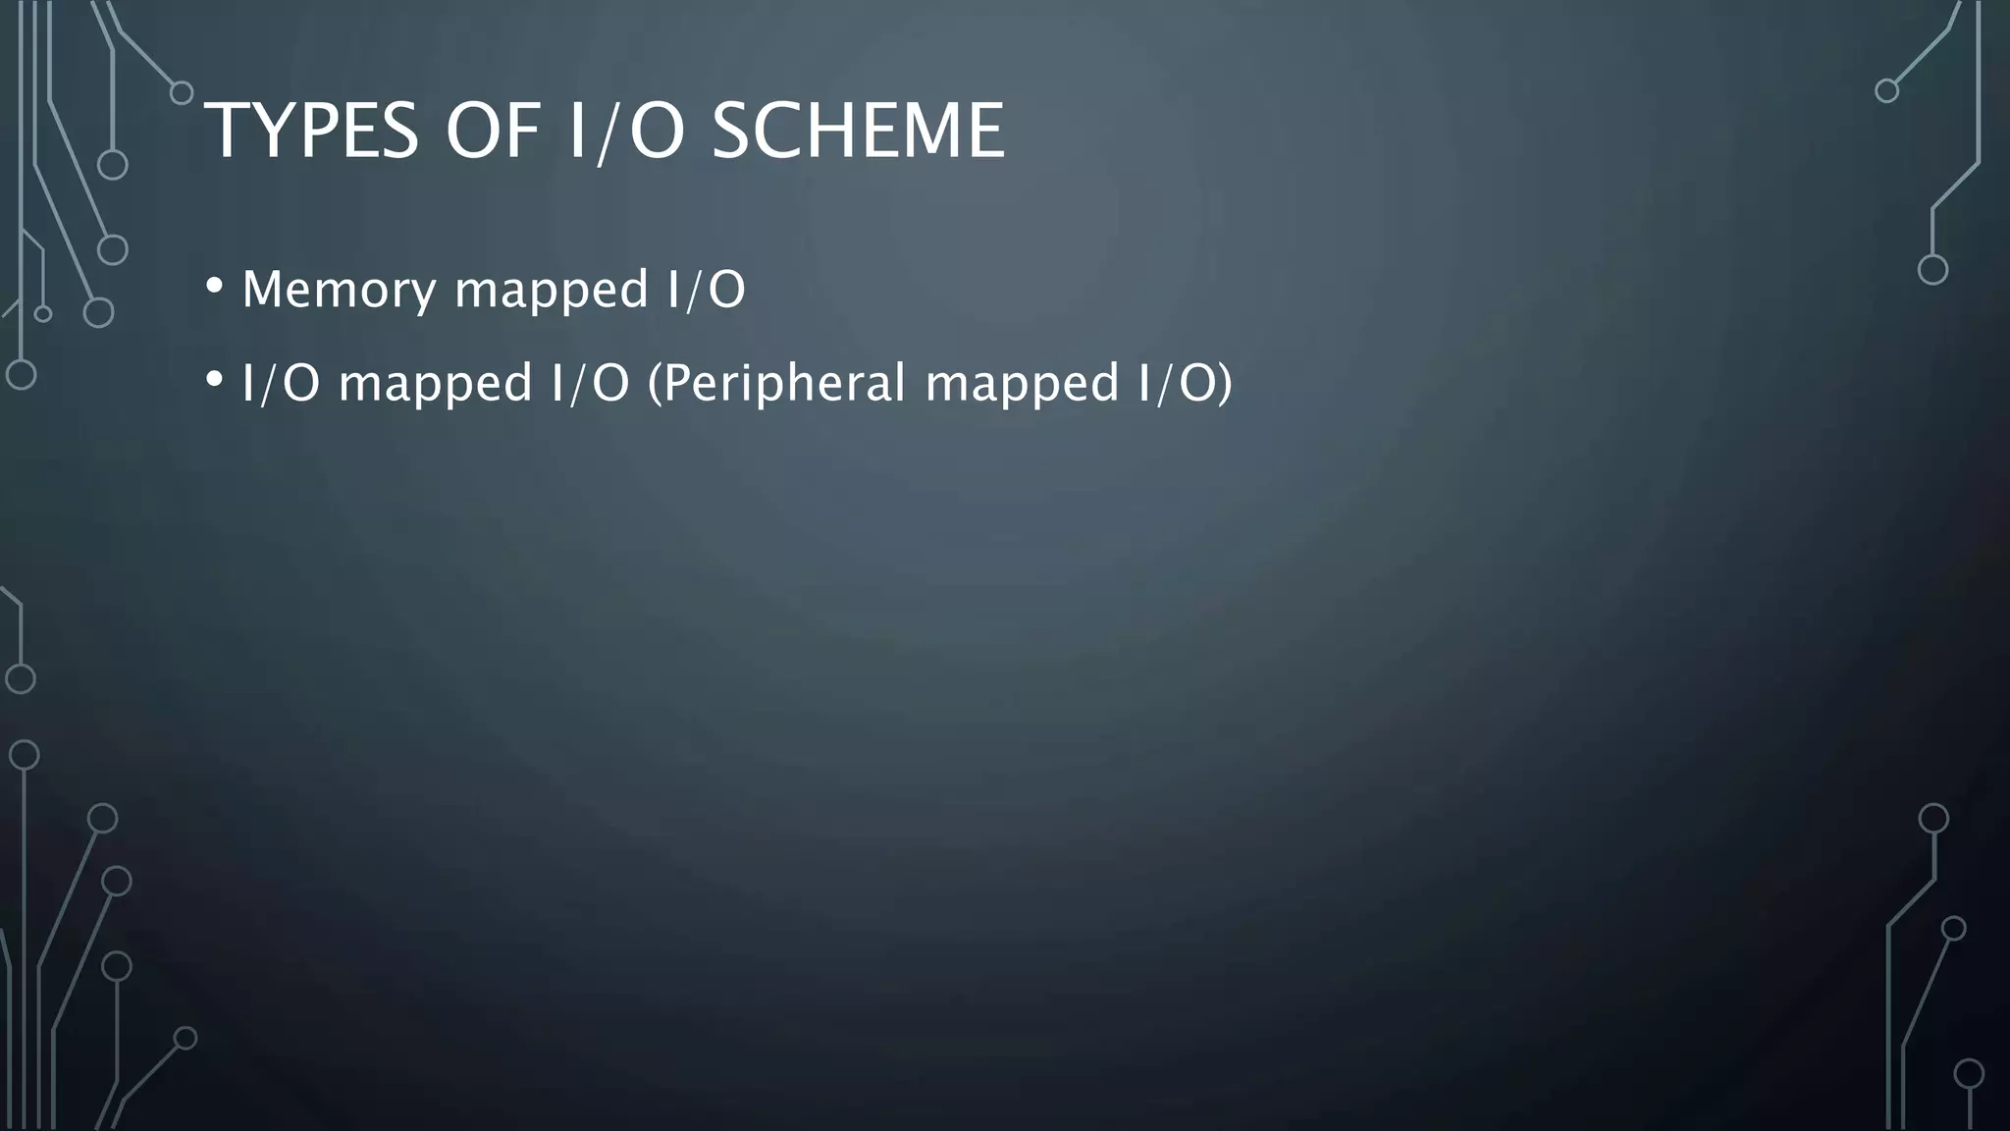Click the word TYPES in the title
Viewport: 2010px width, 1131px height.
tap(311, 132)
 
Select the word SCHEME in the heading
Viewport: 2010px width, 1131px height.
tap(857, 132)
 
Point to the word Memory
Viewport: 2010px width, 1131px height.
tap(339, 291)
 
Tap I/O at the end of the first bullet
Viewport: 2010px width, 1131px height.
tap(707, 291)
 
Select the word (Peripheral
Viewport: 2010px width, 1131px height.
tap(776, 384)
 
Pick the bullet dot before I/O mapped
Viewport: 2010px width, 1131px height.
tap(214, 380)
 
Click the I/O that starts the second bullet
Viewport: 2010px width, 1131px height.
tap(281, 384)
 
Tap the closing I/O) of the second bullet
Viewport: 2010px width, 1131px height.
tap(1185, 384)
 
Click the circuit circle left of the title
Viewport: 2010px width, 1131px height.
tap(182, 93)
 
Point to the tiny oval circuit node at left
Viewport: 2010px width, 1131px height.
tap(42, 314)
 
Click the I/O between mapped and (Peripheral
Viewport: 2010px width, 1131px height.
tap(590, 384)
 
